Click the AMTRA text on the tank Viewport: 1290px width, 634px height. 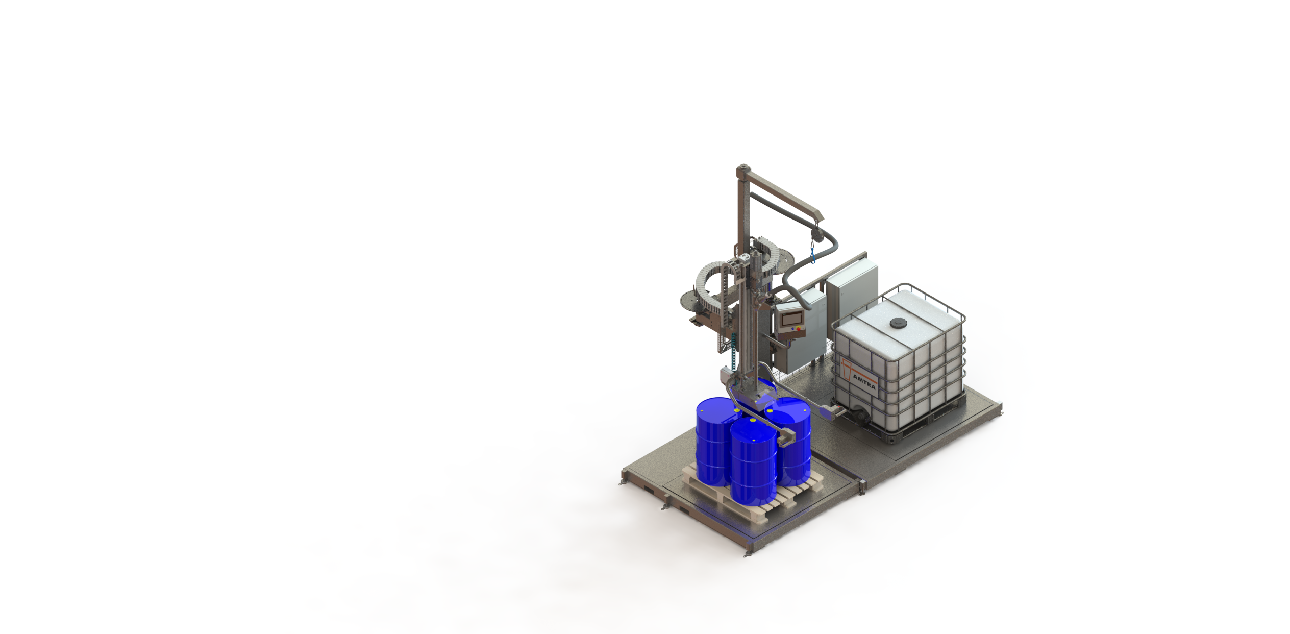[864, 381]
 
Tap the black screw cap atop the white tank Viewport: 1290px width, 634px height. [899, 323]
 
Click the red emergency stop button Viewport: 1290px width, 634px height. [799, 329]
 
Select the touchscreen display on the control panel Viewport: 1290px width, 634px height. [791, 319]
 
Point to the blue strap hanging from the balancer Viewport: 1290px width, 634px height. [813, 254]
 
